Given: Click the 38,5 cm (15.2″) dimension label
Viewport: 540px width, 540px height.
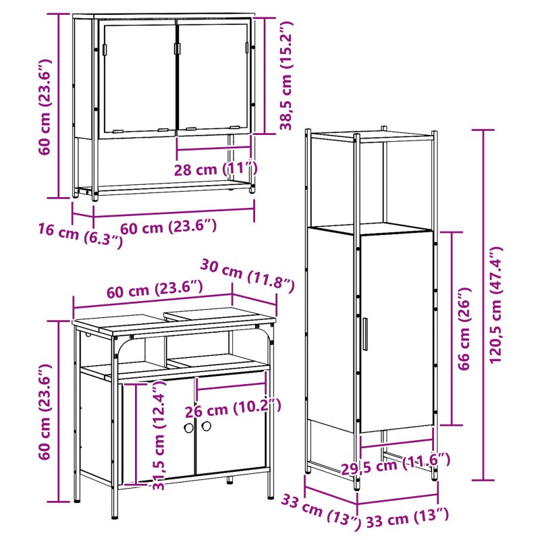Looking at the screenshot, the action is pyautogui.click(x=286, y=76).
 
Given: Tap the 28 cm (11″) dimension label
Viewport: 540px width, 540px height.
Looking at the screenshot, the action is pyautogui.click(x=216, y=169).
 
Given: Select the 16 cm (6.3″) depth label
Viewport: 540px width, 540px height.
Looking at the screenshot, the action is pyautogui.click(x=80, y=234).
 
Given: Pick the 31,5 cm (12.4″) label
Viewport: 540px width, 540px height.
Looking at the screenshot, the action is pyautogui.click(x=159, y=435).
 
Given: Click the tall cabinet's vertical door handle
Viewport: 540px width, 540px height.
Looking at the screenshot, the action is pyautogui.click(x=364, y=334).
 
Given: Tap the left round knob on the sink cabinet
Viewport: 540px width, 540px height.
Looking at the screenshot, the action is pyautogui.click(x=189, y=428).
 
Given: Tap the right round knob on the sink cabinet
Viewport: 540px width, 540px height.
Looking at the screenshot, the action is pyautogui.click(x=207, y=426).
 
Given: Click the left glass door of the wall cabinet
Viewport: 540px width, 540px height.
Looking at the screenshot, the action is pyautogui.click(x=138, y=78).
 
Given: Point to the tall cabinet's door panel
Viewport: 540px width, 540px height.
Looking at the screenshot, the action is pyautogui.click(x=396, y=332).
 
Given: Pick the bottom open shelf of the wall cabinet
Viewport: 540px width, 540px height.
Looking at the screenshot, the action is pyautogui.click(x=165, y=187).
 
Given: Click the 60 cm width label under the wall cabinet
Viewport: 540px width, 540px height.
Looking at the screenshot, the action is pyautogui.click(x=168, y=227).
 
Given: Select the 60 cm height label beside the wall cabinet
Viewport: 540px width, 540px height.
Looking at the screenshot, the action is pyautogui.click(x=45, y=107).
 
